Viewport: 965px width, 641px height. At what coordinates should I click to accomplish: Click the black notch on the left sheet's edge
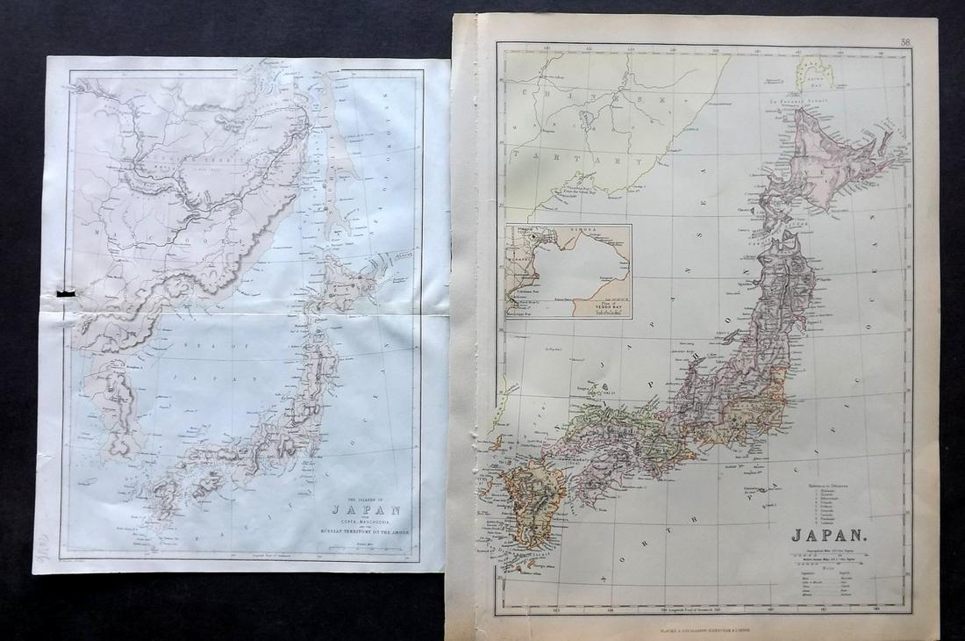[x=63, y=292]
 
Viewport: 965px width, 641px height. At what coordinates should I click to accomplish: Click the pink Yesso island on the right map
[x=829, y=167]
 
